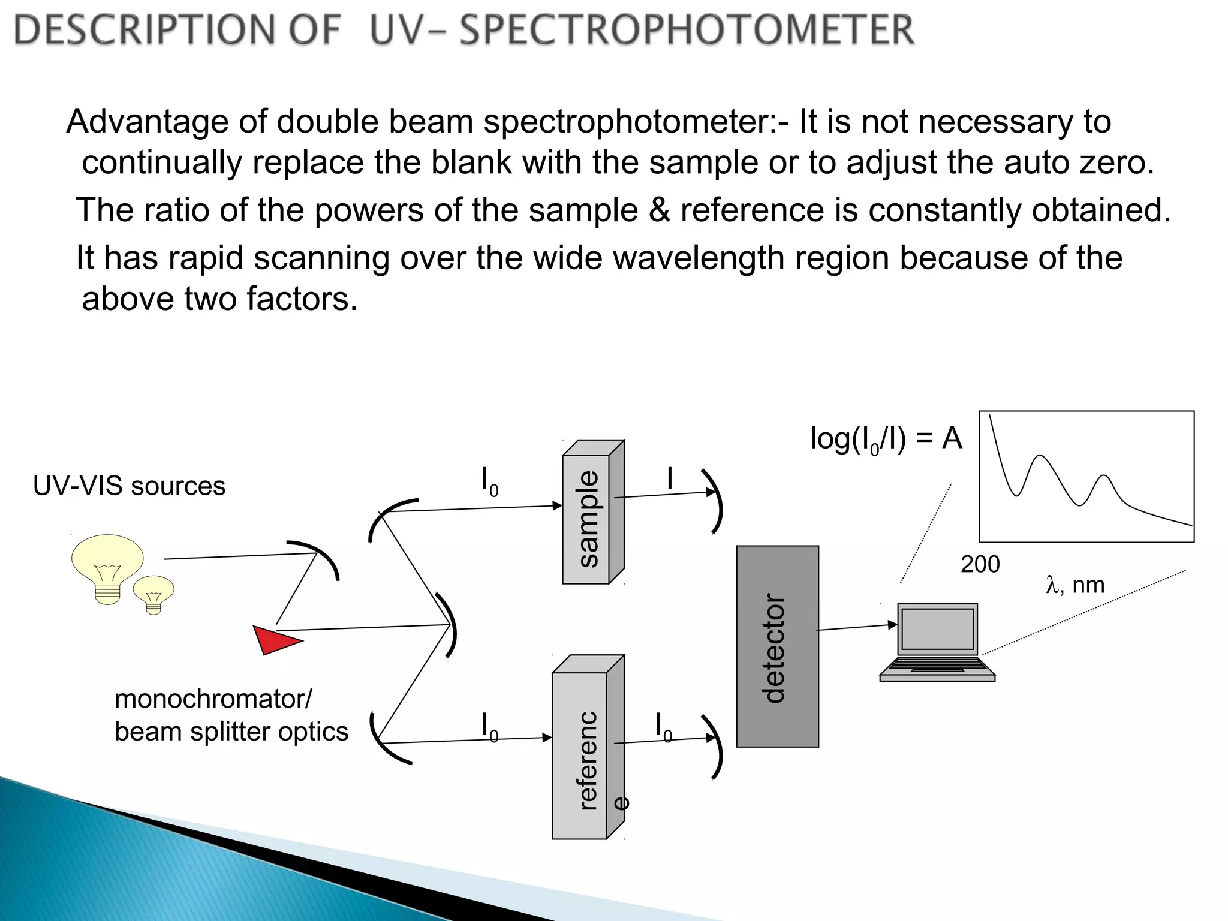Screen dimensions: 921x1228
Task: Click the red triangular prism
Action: (274, 639)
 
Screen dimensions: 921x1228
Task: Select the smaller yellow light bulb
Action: (153, 593)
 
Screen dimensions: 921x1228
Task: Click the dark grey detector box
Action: (777, 646)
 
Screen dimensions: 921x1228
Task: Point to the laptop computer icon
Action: (937, 642)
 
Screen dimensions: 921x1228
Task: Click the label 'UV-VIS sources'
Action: (130, 486)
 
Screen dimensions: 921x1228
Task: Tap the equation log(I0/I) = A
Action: (886, 439)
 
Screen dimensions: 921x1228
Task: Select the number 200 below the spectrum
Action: (980, 564)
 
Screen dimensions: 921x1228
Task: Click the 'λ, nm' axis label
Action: (1075, 585)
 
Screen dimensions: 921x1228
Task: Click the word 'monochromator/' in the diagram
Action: (213, 699)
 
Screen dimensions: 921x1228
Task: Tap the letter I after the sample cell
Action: (670, 478)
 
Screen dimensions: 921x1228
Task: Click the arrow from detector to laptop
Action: (857, 627)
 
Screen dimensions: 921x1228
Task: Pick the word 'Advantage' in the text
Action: (148, 122)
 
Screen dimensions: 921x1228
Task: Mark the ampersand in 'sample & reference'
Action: (659, 210)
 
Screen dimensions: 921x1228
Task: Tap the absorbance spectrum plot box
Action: (1086, 477)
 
